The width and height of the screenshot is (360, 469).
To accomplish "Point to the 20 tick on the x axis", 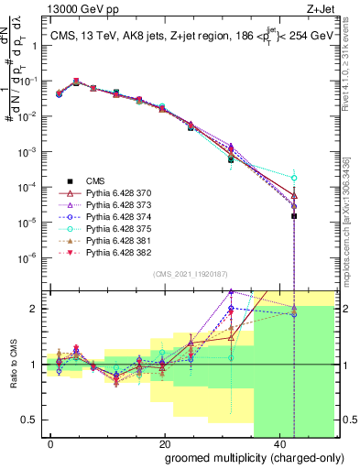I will [x=165, y=444].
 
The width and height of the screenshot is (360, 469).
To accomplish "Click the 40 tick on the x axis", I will [x=278, y=444].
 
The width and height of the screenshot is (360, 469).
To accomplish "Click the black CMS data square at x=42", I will [x=294, y=139].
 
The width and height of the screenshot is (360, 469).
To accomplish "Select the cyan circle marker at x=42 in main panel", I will [x=294, y=178].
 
